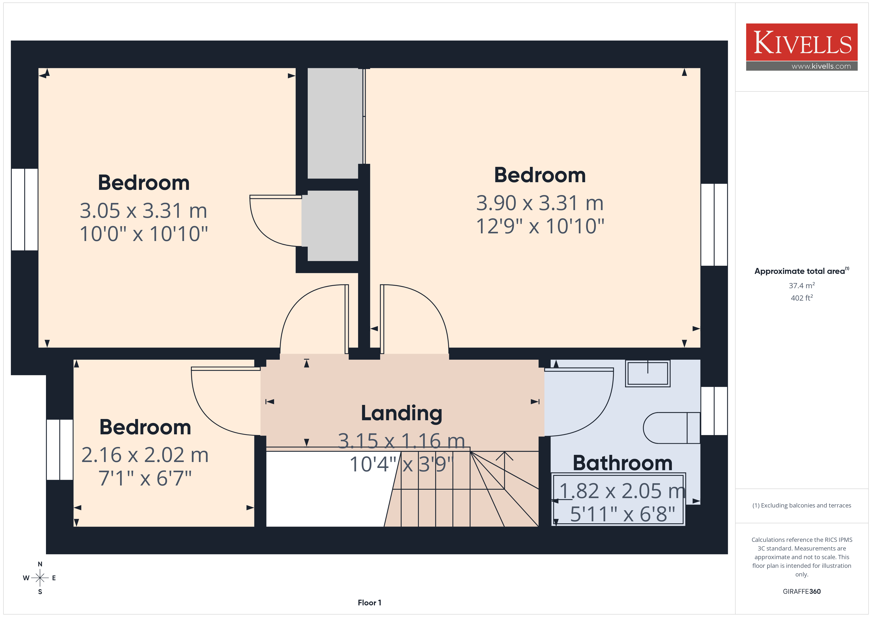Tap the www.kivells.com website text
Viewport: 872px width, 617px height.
pyautogui.click(x=821, y=66)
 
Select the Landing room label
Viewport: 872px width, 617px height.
pyautogui.click(x=401, y=413)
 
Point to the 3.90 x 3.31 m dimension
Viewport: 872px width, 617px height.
pyautogui.click(x=540, y=203)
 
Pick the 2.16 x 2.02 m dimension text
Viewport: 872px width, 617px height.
pyautogui.click(x=145, y=455)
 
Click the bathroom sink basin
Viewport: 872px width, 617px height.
pyautogui.click(x=648, y=374)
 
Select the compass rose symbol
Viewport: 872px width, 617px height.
pyautogui.click(x=40, y=578)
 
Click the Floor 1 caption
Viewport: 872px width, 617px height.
pyautogui.click(x=369, y=603)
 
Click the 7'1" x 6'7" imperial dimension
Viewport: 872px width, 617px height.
pyautogui.click(x=145, y=478)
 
